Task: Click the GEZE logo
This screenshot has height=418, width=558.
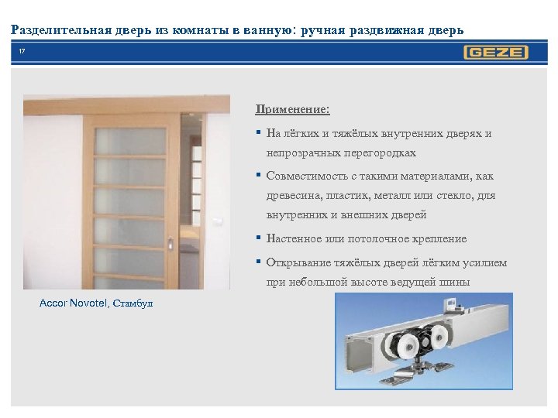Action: click(496, 53)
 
